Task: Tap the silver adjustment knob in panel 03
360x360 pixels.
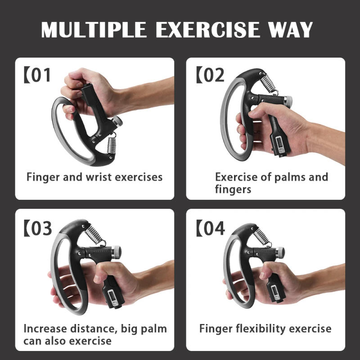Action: (117, 251)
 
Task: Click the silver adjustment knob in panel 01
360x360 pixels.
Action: (116, 121)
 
